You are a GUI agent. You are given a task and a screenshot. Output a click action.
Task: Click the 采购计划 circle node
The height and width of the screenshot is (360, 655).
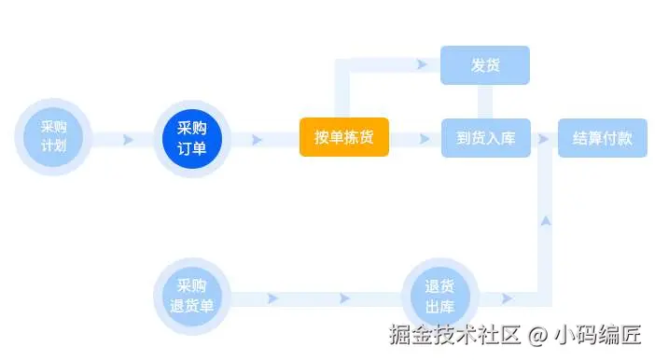[53, 137]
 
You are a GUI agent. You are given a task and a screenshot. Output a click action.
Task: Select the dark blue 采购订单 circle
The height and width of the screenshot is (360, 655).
[191, 138]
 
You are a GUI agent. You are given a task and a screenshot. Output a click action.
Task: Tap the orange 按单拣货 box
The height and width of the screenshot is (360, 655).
[344, 137]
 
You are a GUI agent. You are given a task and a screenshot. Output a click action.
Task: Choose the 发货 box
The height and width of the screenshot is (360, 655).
[485, 65]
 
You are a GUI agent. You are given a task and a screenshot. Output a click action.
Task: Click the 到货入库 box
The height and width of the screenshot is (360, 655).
[486, 138]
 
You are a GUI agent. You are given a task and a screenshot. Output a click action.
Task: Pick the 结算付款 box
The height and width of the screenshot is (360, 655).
[603, 138]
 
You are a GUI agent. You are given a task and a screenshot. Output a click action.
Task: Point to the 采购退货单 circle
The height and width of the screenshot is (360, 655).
[191, 296]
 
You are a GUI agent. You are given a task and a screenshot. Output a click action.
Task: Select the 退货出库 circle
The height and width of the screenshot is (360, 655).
[439, 297]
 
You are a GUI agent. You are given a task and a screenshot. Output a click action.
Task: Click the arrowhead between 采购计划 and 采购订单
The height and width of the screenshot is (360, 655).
[128, 140]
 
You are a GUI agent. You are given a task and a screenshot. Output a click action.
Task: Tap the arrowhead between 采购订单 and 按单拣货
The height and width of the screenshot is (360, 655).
[257, 140]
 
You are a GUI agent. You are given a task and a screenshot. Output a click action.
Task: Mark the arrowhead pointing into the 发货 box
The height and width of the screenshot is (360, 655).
[422, 64]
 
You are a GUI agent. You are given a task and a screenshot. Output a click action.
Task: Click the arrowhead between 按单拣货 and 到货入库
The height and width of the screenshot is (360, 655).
[425, 139]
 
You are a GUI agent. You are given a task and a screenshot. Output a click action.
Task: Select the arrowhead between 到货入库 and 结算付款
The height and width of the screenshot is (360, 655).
[543, 139]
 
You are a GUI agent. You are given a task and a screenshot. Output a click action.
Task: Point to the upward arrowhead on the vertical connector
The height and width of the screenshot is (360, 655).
[546, 221]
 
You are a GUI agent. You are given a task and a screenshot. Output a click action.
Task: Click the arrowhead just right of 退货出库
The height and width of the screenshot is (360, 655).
[507, 298]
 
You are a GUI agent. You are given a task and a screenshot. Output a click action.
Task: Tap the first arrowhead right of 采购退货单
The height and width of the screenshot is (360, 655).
[272, 298]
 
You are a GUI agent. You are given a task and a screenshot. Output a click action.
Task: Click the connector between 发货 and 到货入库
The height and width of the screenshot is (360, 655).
[485, 102]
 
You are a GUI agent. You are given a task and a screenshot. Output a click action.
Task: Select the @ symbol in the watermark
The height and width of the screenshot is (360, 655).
[537, 336]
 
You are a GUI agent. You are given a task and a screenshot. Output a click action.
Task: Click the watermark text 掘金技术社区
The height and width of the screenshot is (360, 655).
[455, 335]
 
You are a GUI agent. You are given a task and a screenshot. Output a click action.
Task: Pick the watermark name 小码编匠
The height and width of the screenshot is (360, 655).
[597, 335]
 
